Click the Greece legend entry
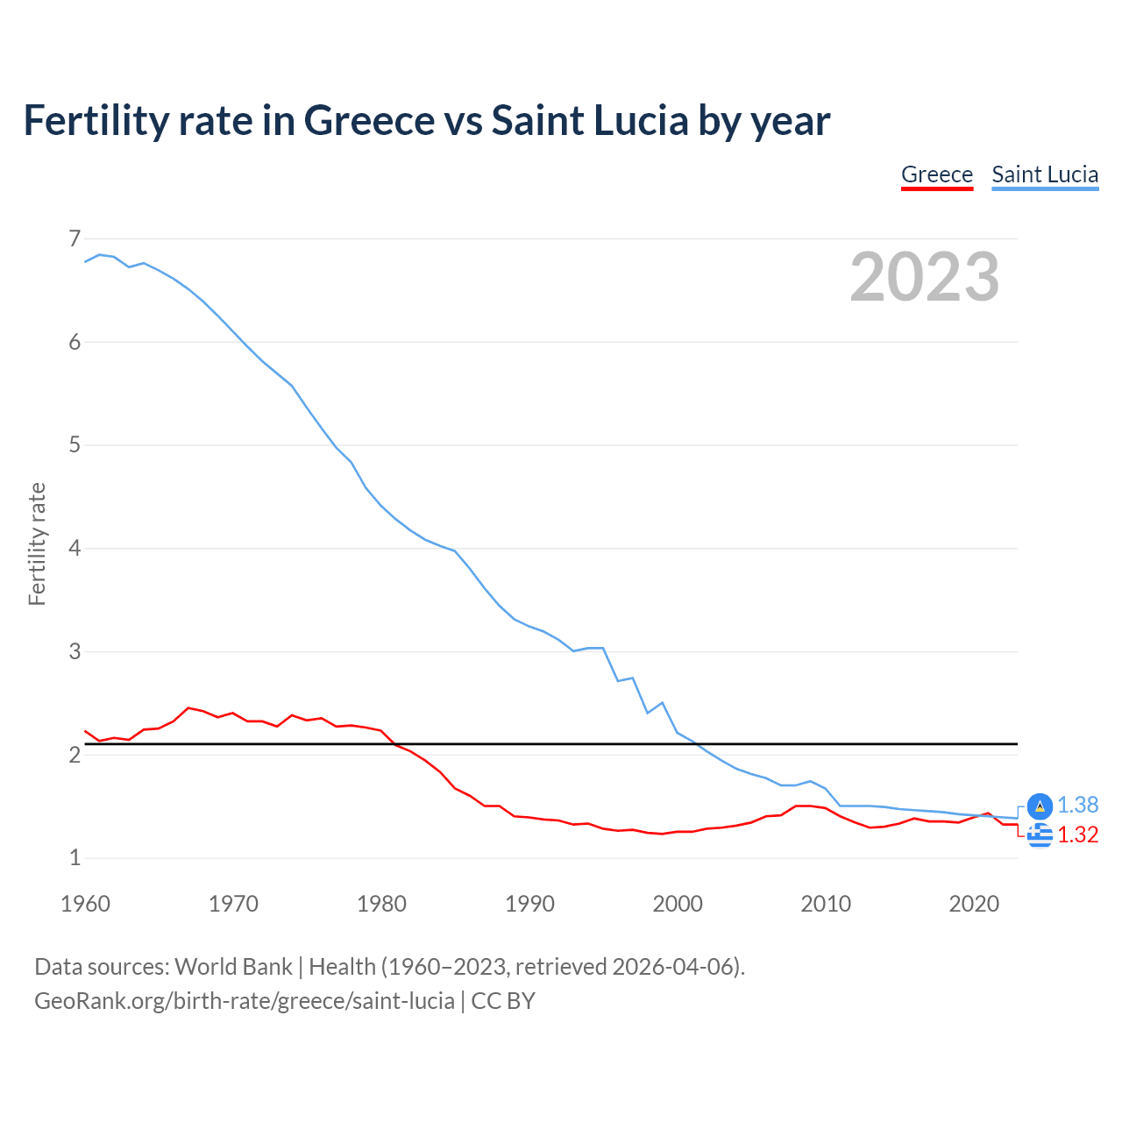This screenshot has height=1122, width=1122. [936, 174]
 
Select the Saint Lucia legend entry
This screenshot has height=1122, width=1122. [1045, 174]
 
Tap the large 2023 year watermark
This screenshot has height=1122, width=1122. [924, 277]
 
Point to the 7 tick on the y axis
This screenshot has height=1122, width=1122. [75, 238]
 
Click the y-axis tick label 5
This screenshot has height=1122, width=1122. [75, 445]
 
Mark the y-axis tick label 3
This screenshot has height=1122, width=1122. [75, 651]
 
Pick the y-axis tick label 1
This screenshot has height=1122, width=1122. [75, 858]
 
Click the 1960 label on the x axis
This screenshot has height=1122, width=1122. [85, 904]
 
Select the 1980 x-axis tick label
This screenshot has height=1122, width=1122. [381, 904]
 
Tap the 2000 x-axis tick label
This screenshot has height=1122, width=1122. [678, 904]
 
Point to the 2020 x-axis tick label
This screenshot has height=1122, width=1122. [974, 904]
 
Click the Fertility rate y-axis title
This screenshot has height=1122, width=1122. [37, 543]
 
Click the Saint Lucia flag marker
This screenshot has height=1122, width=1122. [1040, 806]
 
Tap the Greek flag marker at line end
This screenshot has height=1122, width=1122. [1040, 835]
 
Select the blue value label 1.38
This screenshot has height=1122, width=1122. [1077, 805]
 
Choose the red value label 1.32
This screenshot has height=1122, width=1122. [1077, 834]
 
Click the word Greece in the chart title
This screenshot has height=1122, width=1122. [369, 120]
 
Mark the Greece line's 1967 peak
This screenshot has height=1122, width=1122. [188, 707]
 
